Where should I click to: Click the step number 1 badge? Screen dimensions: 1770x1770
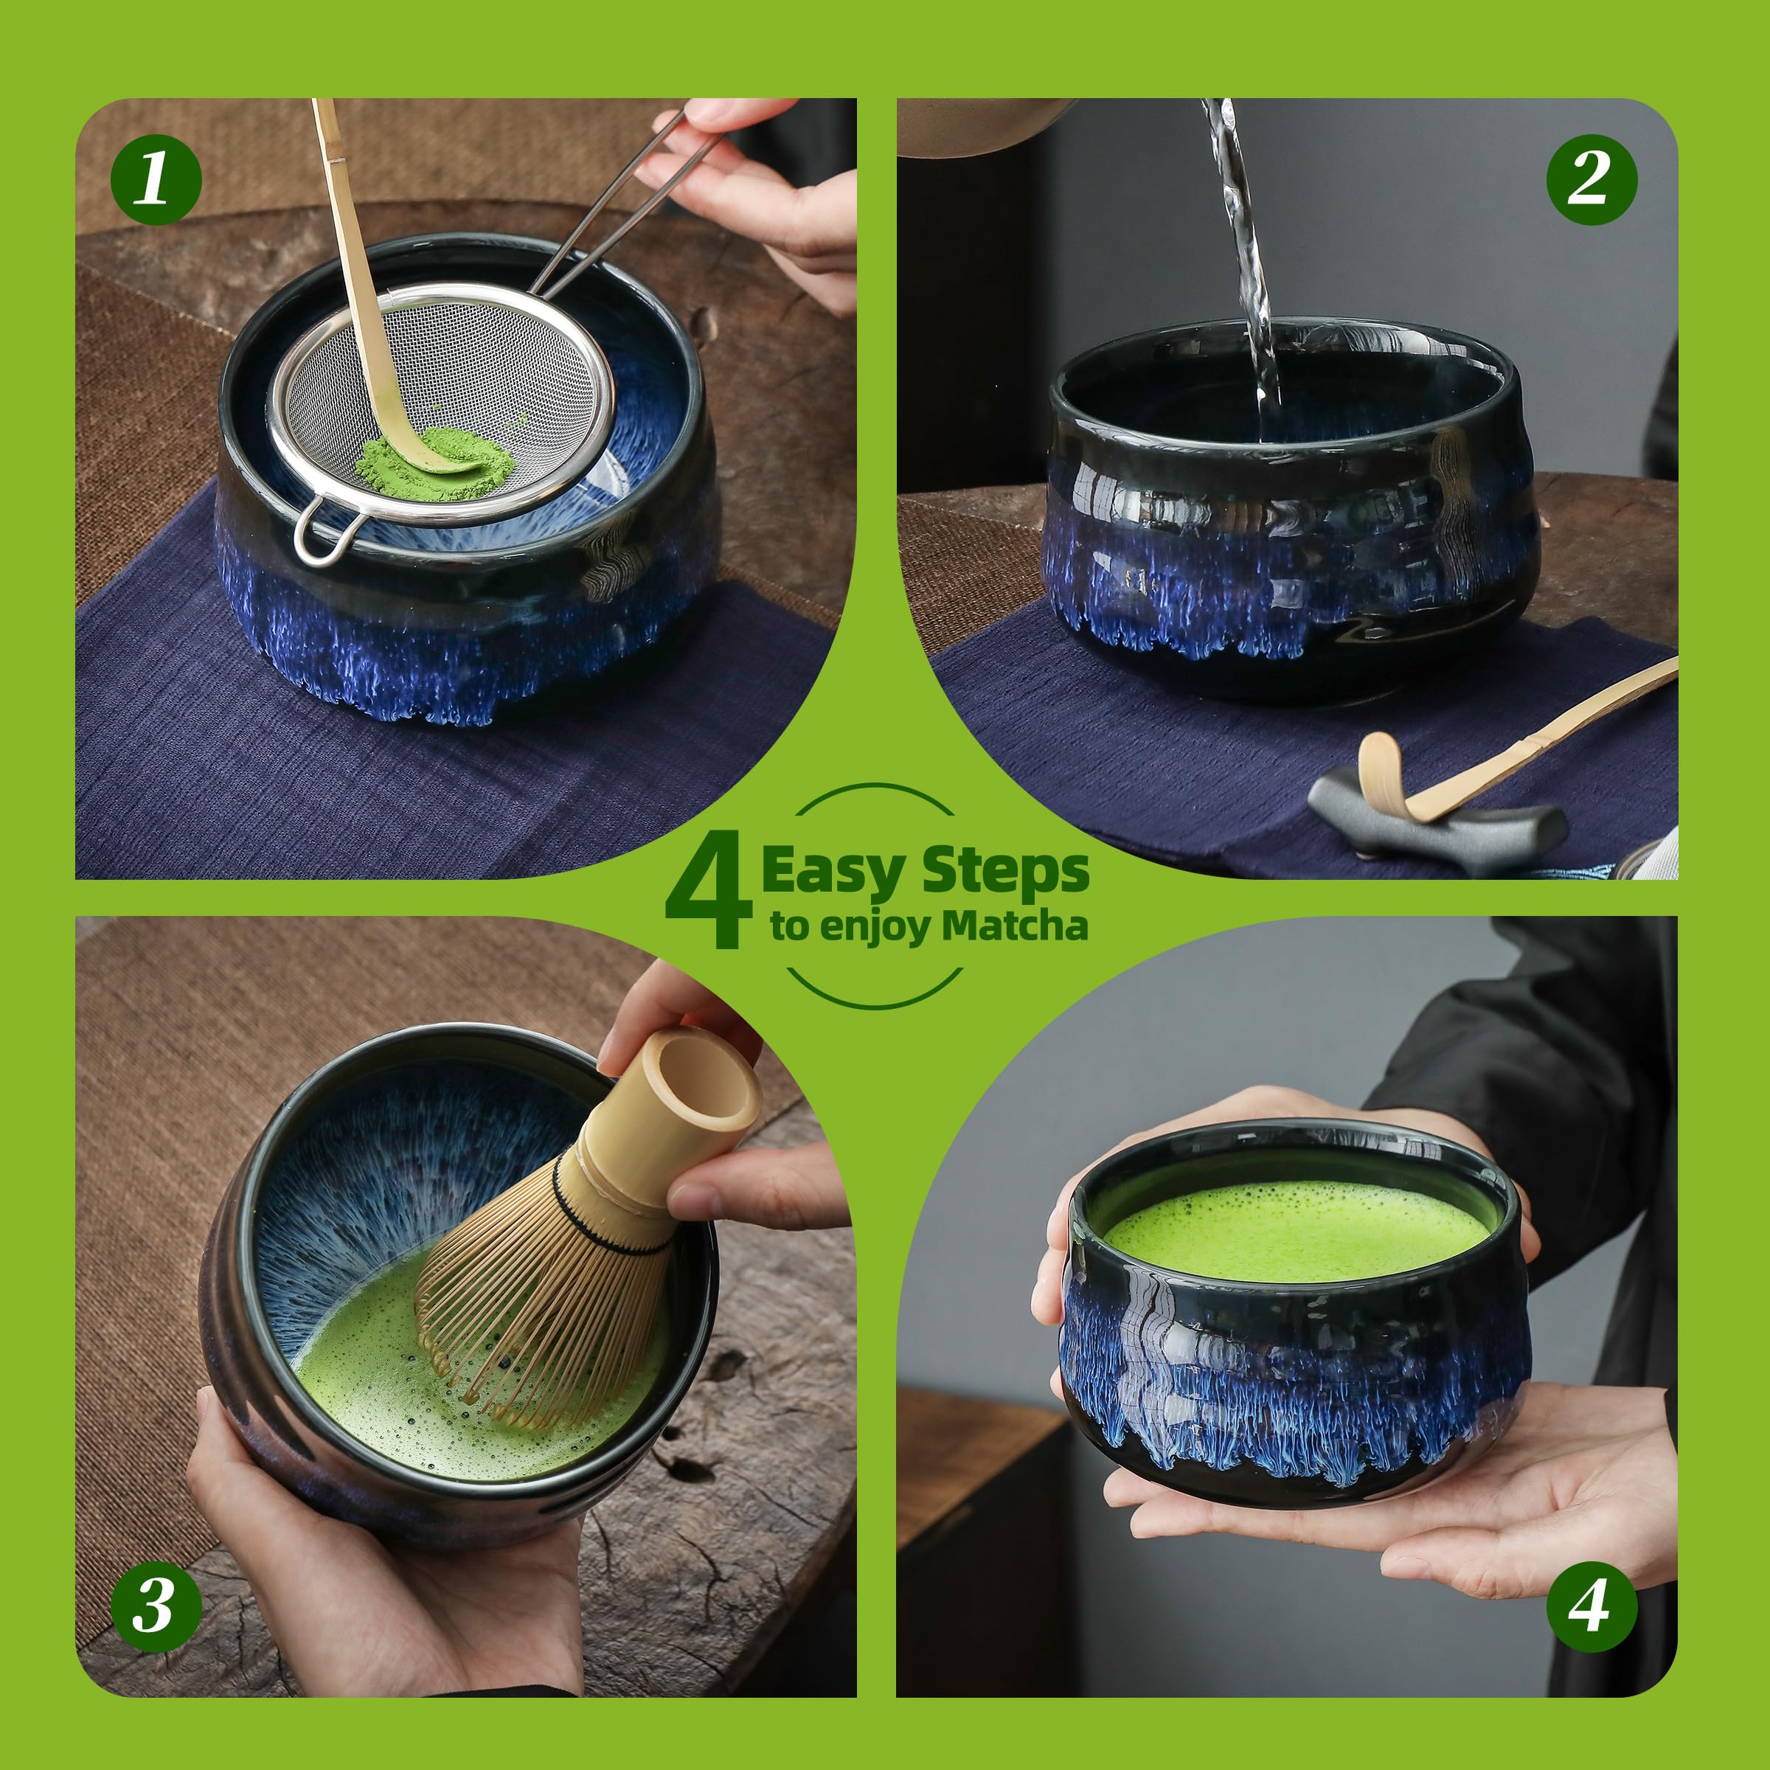point(156,178)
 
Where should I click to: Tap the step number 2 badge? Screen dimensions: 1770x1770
point(1592,178)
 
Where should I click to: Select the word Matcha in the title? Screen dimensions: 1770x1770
point(1015,926)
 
